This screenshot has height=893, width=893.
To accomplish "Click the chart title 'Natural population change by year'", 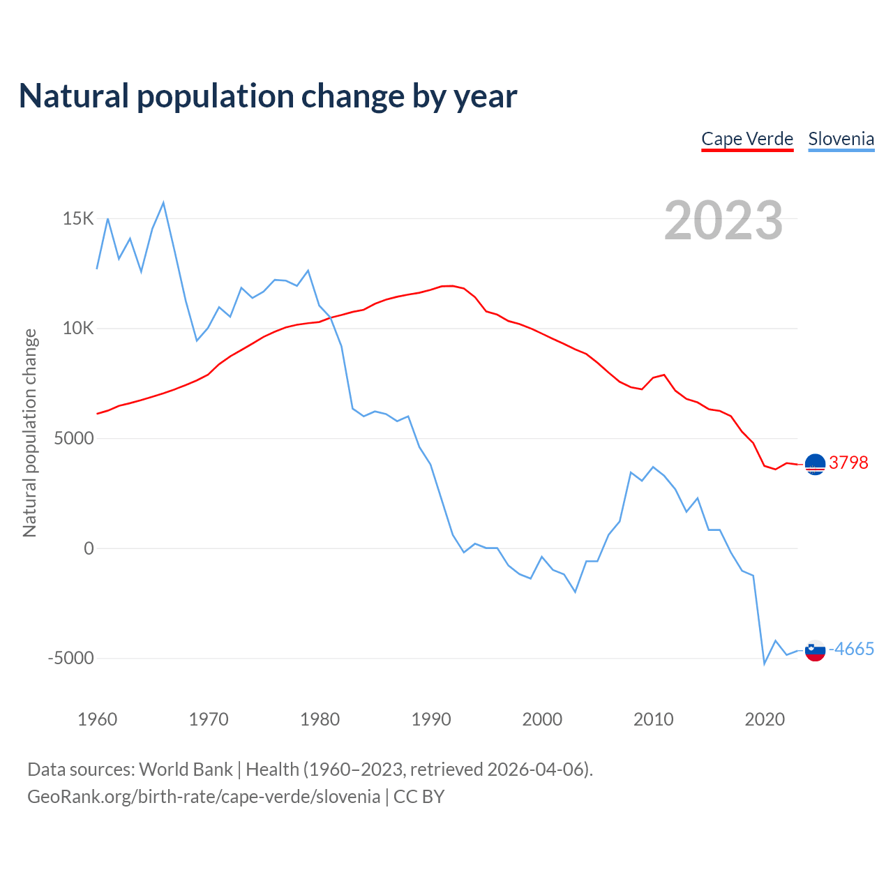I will point(268,96).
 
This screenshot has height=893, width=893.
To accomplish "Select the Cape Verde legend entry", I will point(747,139).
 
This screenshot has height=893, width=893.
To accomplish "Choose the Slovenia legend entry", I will point(841,139).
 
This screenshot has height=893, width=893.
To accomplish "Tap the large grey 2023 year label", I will point(723,220).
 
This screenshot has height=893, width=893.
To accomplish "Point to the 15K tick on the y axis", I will point(78,219).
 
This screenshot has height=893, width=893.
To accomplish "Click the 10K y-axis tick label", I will point(78,329).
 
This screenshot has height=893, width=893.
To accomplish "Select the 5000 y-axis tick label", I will point(74,439).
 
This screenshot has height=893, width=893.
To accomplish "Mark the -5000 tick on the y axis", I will point(70,659).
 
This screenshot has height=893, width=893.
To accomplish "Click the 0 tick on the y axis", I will point(89,549).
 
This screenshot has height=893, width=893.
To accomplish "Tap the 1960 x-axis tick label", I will point(98,719).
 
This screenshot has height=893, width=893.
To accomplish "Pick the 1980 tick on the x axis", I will point(320,719).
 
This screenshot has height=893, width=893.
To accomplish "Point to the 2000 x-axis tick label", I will point(542,719).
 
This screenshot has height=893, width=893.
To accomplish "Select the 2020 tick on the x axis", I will point(765,719).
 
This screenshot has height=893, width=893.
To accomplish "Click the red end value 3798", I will point(848,463).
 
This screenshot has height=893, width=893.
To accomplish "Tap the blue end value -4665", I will point(851,650).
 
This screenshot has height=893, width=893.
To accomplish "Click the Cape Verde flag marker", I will point(815,464).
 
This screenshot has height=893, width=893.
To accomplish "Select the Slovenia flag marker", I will point(815,650).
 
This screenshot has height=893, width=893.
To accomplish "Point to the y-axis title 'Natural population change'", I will point(30,433).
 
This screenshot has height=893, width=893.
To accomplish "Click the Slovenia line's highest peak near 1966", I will point(163,203).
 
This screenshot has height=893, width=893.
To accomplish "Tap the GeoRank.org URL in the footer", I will point(204,797).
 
